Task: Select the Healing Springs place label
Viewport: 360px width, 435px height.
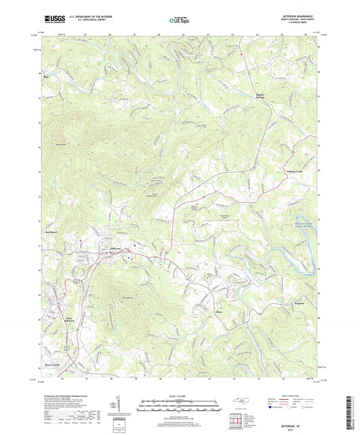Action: point(261,96)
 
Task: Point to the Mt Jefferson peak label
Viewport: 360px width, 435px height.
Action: point(130,296)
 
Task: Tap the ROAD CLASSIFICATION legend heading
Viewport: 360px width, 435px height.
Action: point(301,396)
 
